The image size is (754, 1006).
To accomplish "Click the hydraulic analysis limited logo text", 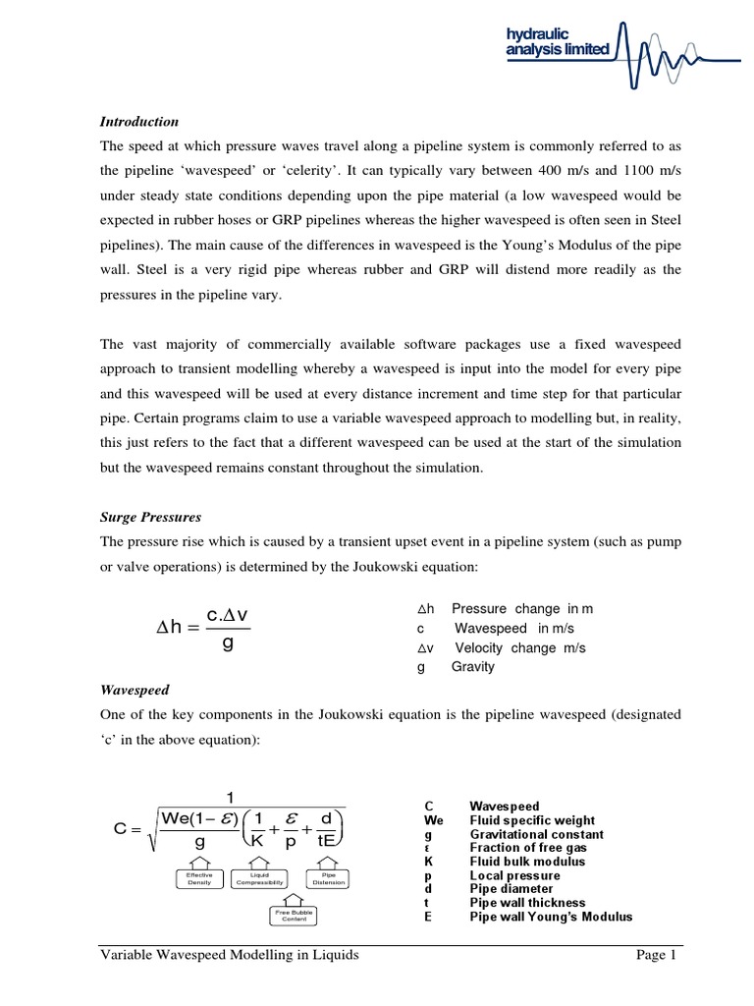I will (x=557, y=41).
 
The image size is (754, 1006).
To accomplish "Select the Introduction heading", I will (x=139, y=122).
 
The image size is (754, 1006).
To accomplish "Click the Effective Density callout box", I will (x=199, y=879).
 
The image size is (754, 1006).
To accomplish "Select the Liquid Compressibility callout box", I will (x=260, y=879).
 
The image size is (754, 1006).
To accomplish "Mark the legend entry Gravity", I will (x=472, y=667).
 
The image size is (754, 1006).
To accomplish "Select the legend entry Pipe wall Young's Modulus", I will (x=551, y=917).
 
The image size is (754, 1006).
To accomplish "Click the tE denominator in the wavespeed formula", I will (x=331, y=842).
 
